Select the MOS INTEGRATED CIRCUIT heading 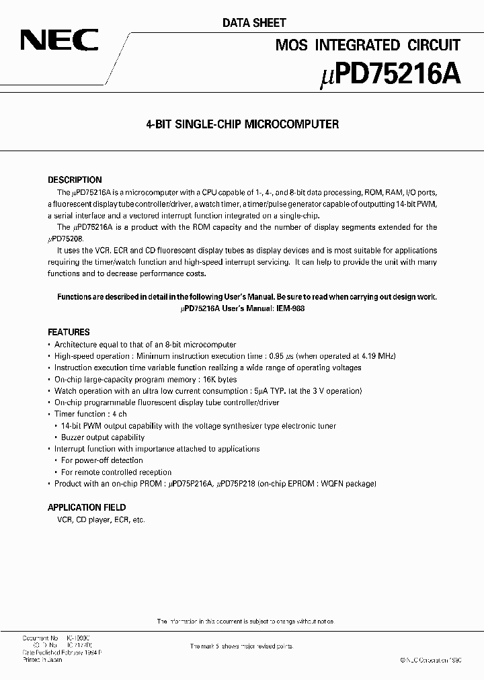pyautogui.click(x=368, y=45)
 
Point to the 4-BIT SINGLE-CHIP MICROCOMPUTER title pyautogui.click(x=242, y=124)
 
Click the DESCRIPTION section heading pyautogui.click(x=75, y=180)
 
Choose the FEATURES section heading pyautogui.click(x=69, y=332)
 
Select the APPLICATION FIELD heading pyautogui.click(x=87, y=507)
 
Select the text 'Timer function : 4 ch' pyautogui.click(x=90, y=414)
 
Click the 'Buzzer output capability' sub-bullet pyautogui.click(x=103, y=437)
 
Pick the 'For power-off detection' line pyautogui.click(x=102, y=460)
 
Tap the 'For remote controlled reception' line pyautogui.click(x=116, y=472)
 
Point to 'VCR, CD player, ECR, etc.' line pyautogui.click(x=97, y=519)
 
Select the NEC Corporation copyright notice pyautogui.click(x=431, y=661)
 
